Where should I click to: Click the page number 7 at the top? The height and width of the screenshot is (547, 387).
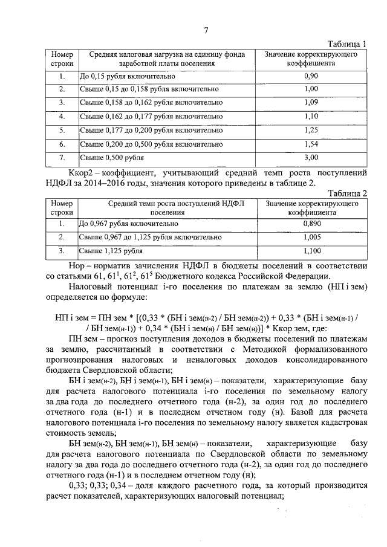point(206,31)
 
